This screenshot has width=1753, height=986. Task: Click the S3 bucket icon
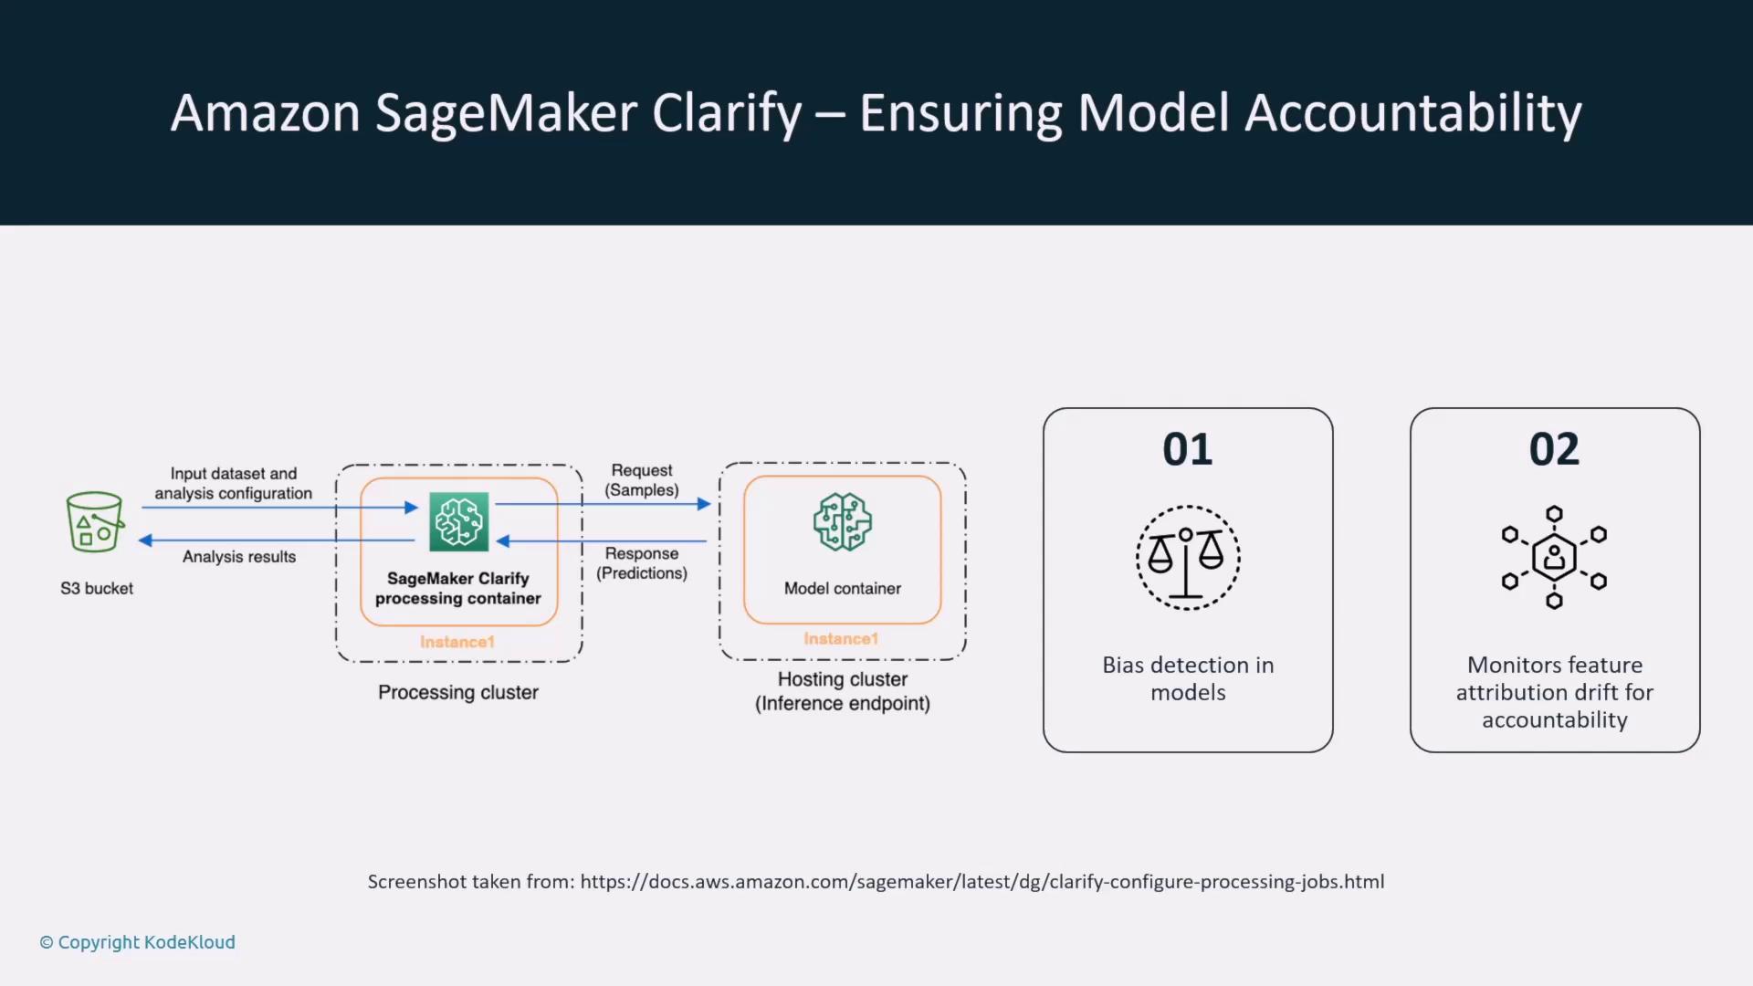[x=94, y=522]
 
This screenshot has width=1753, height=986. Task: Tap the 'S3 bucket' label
[x=97, y=589]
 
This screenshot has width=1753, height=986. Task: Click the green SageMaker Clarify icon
[x=458, y=522]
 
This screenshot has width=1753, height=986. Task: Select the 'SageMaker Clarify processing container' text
[x=458, y=589]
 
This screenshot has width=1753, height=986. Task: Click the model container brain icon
[x=842, y=522]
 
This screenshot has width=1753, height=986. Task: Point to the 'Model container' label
[x=842, y=589]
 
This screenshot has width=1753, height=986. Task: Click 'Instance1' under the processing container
[x=457, y=642]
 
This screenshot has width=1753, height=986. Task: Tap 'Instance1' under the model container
[x=841, y=639]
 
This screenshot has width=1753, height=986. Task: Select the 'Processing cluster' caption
[x=458, y=693]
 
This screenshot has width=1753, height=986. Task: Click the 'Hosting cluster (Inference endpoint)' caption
[x=842, y=691]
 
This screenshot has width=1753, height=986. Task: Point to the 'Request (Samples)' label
[x=642, y=480]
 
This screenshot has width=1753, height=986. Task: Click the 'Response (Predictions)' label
[x=642, y=563]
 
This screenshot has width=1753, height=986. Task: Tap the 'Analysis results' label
[x=239, y=557]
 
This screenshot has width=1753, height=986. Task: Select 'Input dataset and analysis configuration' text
[x=234, y=484]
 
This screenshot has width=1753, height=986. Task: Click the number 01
[x=1188, y=449]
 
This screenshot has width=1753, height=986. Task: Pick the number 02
[x=1554, y=449]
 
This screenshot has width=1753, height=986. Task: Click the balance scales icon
[x=1188, y=558]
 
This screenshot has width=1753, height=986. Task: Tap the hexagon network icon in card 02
[x=1554, y=557]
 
